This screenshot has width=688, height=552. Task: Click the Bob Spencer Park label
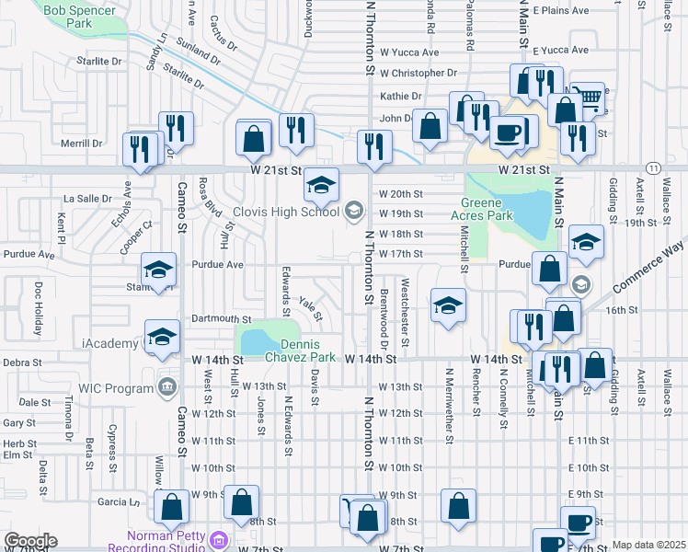click(80, 15)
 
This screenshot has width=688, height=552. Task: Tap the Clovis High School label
click(286, 213)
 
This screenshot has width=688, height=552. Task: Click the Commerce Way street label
click(648, 267)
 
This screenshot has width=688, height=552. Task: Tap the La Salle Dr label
click(87, 198)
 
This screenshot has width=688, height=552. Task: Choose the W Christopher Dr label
click(418, 73)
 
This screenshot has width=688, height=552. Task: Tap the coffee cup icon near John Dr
click(507, 132)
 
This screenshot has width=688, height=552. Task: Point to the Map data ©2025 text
click(648, 545)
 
